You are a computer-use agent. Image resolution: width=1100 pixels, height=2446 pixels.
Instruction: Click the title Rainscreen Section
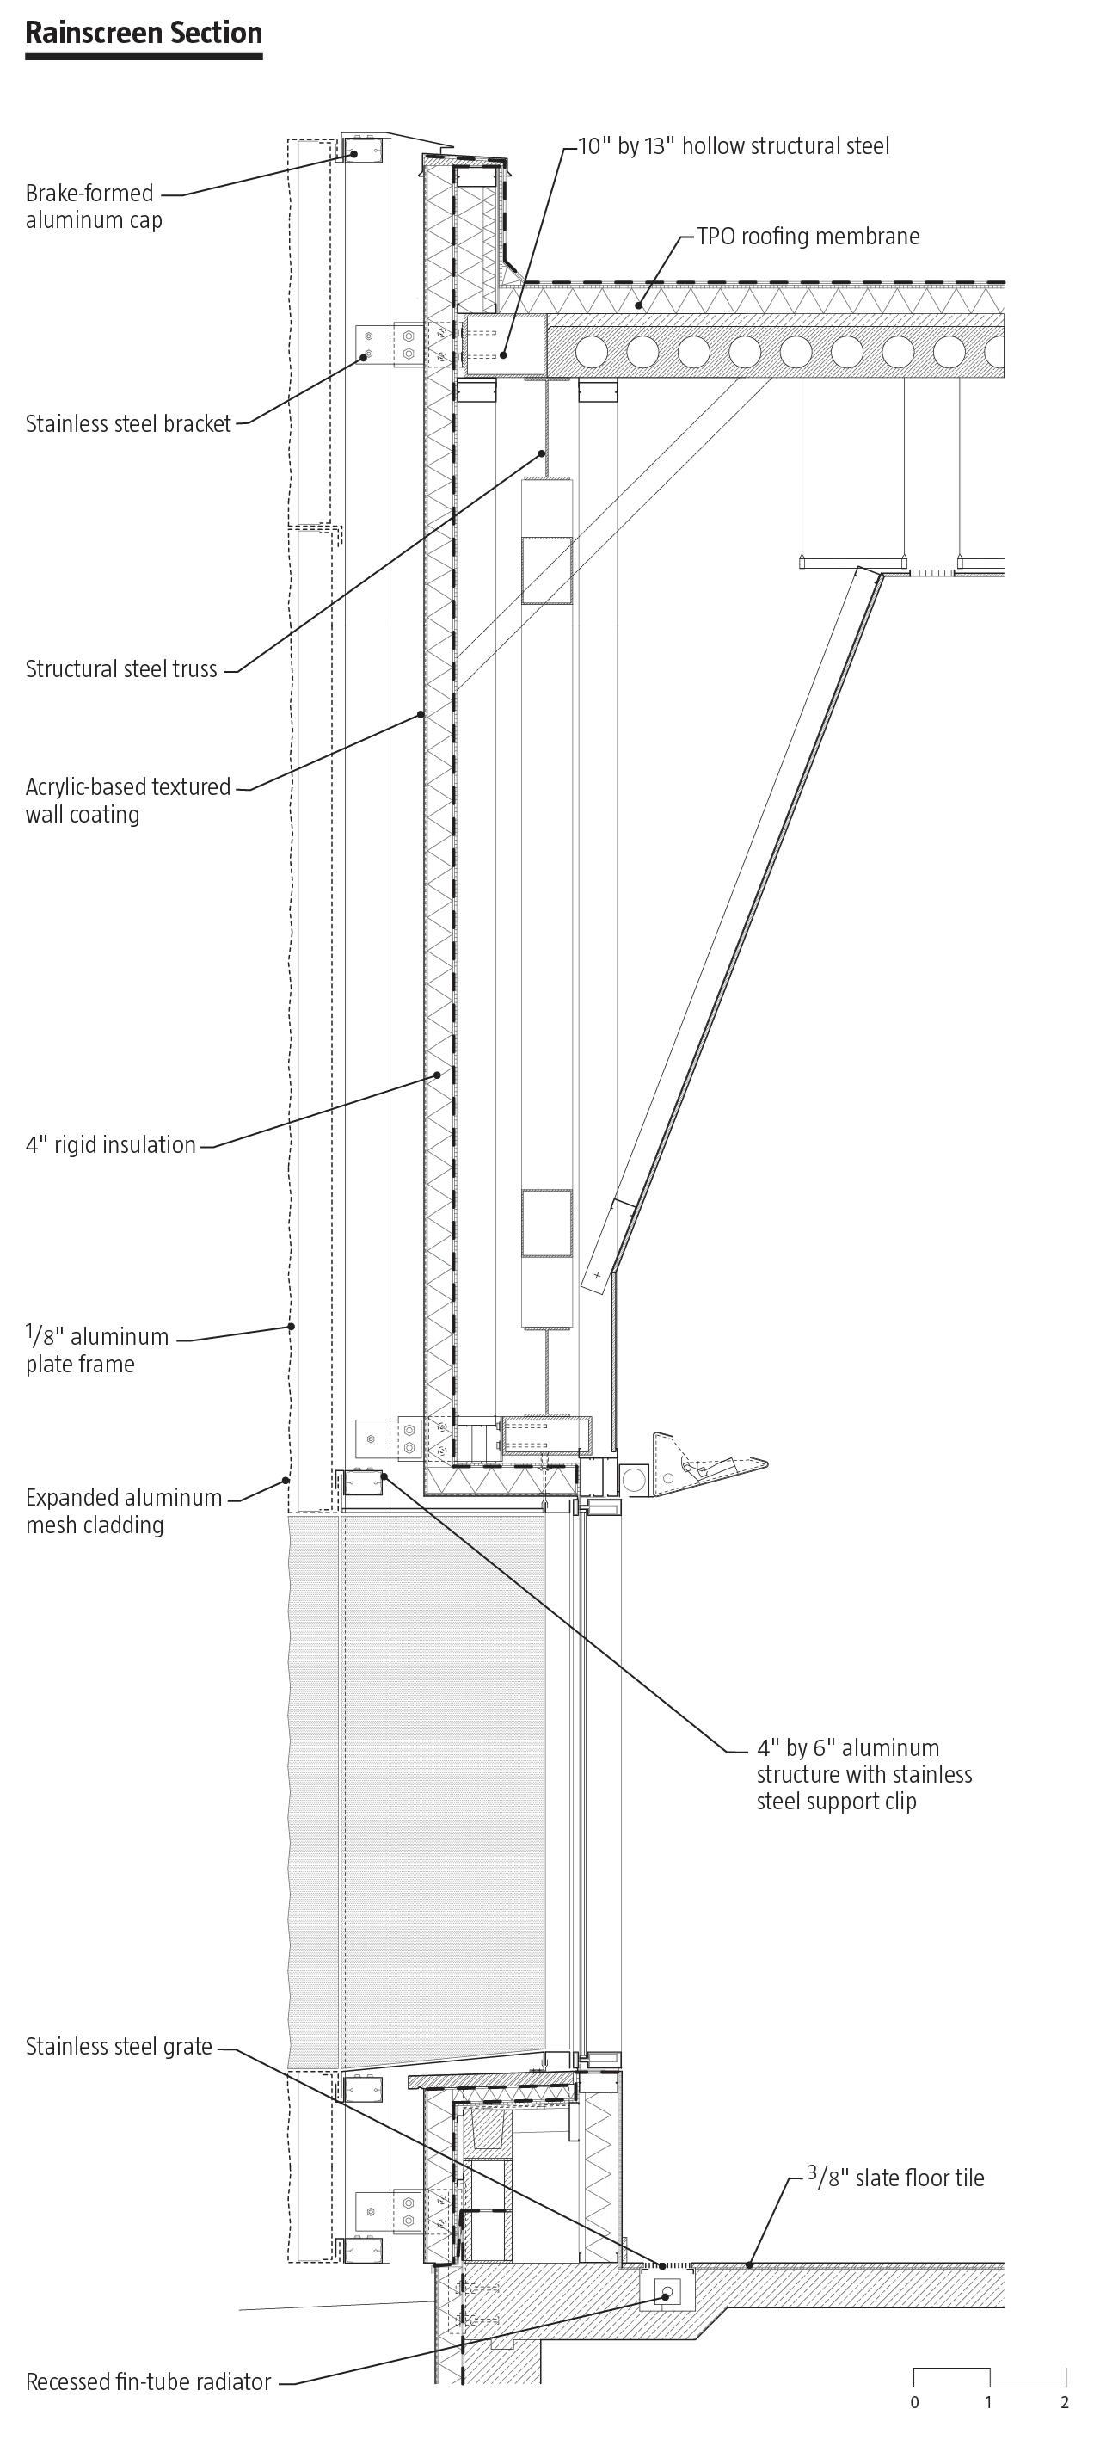pyautogui.click(x=144, y=34)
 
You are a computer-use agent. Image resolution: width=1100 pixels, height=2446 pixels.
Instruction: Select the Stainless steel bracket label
pyautogui.click(x=128, y=423)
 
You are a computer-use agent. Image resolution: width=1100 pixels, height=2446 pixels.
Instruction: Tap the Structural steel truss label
pyautogui.click(x=121, y=668)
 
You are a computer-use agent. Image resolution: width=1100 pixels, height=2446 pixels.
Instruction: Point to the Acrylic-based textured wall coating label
pyautogui.click(x=128, y=799)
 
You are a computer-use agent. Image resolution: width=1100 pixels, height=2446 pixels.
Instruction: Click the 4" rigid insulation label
pyautogui.click(x=110, y=1144)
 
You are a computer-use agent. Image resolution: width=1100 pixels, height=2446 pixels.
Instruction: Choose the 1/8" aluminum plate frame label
pyautogui.click(x=97, y=1349)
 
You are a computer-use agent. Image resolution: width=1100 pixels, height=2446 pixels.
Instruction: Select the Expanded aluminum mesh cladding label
pyautogui.click(x=123, y=1511)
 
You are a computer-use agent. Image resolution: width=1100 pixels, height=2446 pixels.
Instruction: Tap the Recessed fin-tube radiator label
pyautogui.click(x=148, y=2381)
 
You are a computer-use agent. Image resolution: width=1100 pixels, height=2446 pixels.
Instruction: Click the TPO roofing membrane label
pyautogui.click(x=808, y=236)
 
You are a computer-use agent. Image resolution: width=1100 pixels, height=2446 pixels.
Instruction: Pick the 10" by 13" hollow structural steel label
pyautogui.click(x=734, y=145)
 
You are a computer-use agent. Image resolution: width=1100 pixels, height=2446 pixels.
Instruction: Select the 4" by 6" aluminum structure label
pyautogui.click(x=863, y=1774)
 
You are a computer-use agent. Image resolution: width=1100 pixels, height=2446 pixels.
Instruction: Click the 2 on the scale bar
pyautogui.click(x=1065, y=2402)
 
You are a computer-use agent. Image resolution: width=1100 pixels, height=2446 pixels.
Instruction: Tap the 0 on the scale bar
pyautogui.click(x=914, y=2402)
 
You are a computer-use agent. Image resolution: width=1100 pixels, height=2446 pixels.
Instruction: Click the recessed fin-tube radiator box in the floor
pyautogui.click(x=667, y=2293)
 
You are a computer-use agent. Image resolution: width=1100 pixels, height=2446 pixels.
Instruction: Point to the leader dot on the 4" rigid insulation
pyautogui.click(x=438, y=1075)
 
